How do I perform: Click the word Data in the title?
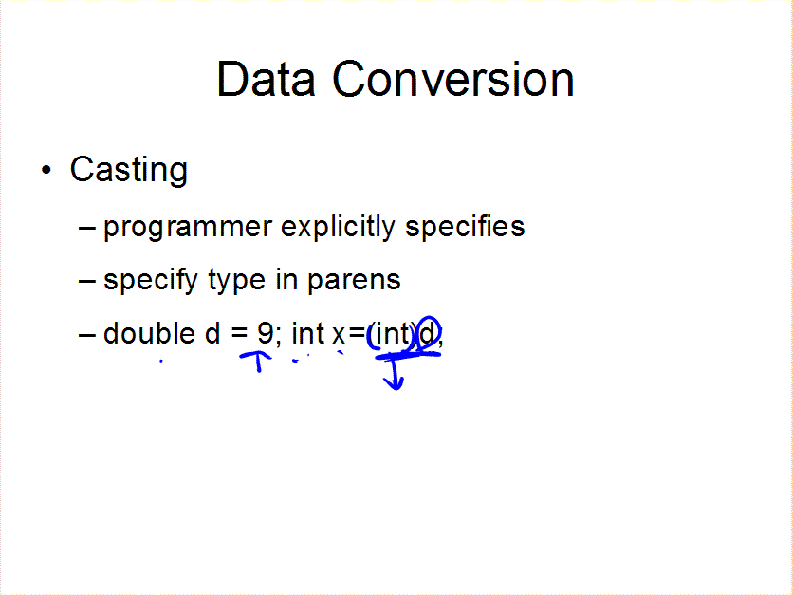(x=266, y=79)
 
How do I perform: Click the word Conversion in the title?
(x=453, y=79)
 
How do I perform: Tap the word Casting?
(x=128, y=171)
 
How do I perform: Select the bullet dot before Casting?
(x=46, y=171)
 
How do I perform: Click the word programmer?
(x=188, y=228)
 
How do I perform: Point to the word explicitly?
(x=338, y=226)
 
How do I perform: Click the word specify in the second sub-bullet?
(x=150, y=281)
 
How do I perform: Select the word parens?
(x=354, y=281)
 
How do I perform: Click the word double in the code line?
(x=149, y=333)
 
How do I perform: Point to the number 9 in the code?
(x=265, y=333)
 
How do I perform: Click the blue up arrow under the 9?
(x=257, y=362)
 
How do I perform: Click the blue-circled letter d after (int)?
(x=428, y=333)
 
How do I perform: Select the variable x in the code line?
(x=339, y=335)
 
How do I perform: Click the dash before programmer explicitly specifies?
(x=87, y=229)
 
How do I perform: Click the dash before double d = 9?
(x=87, y=335)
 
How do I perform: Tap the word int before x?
(x=307, y=333)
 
